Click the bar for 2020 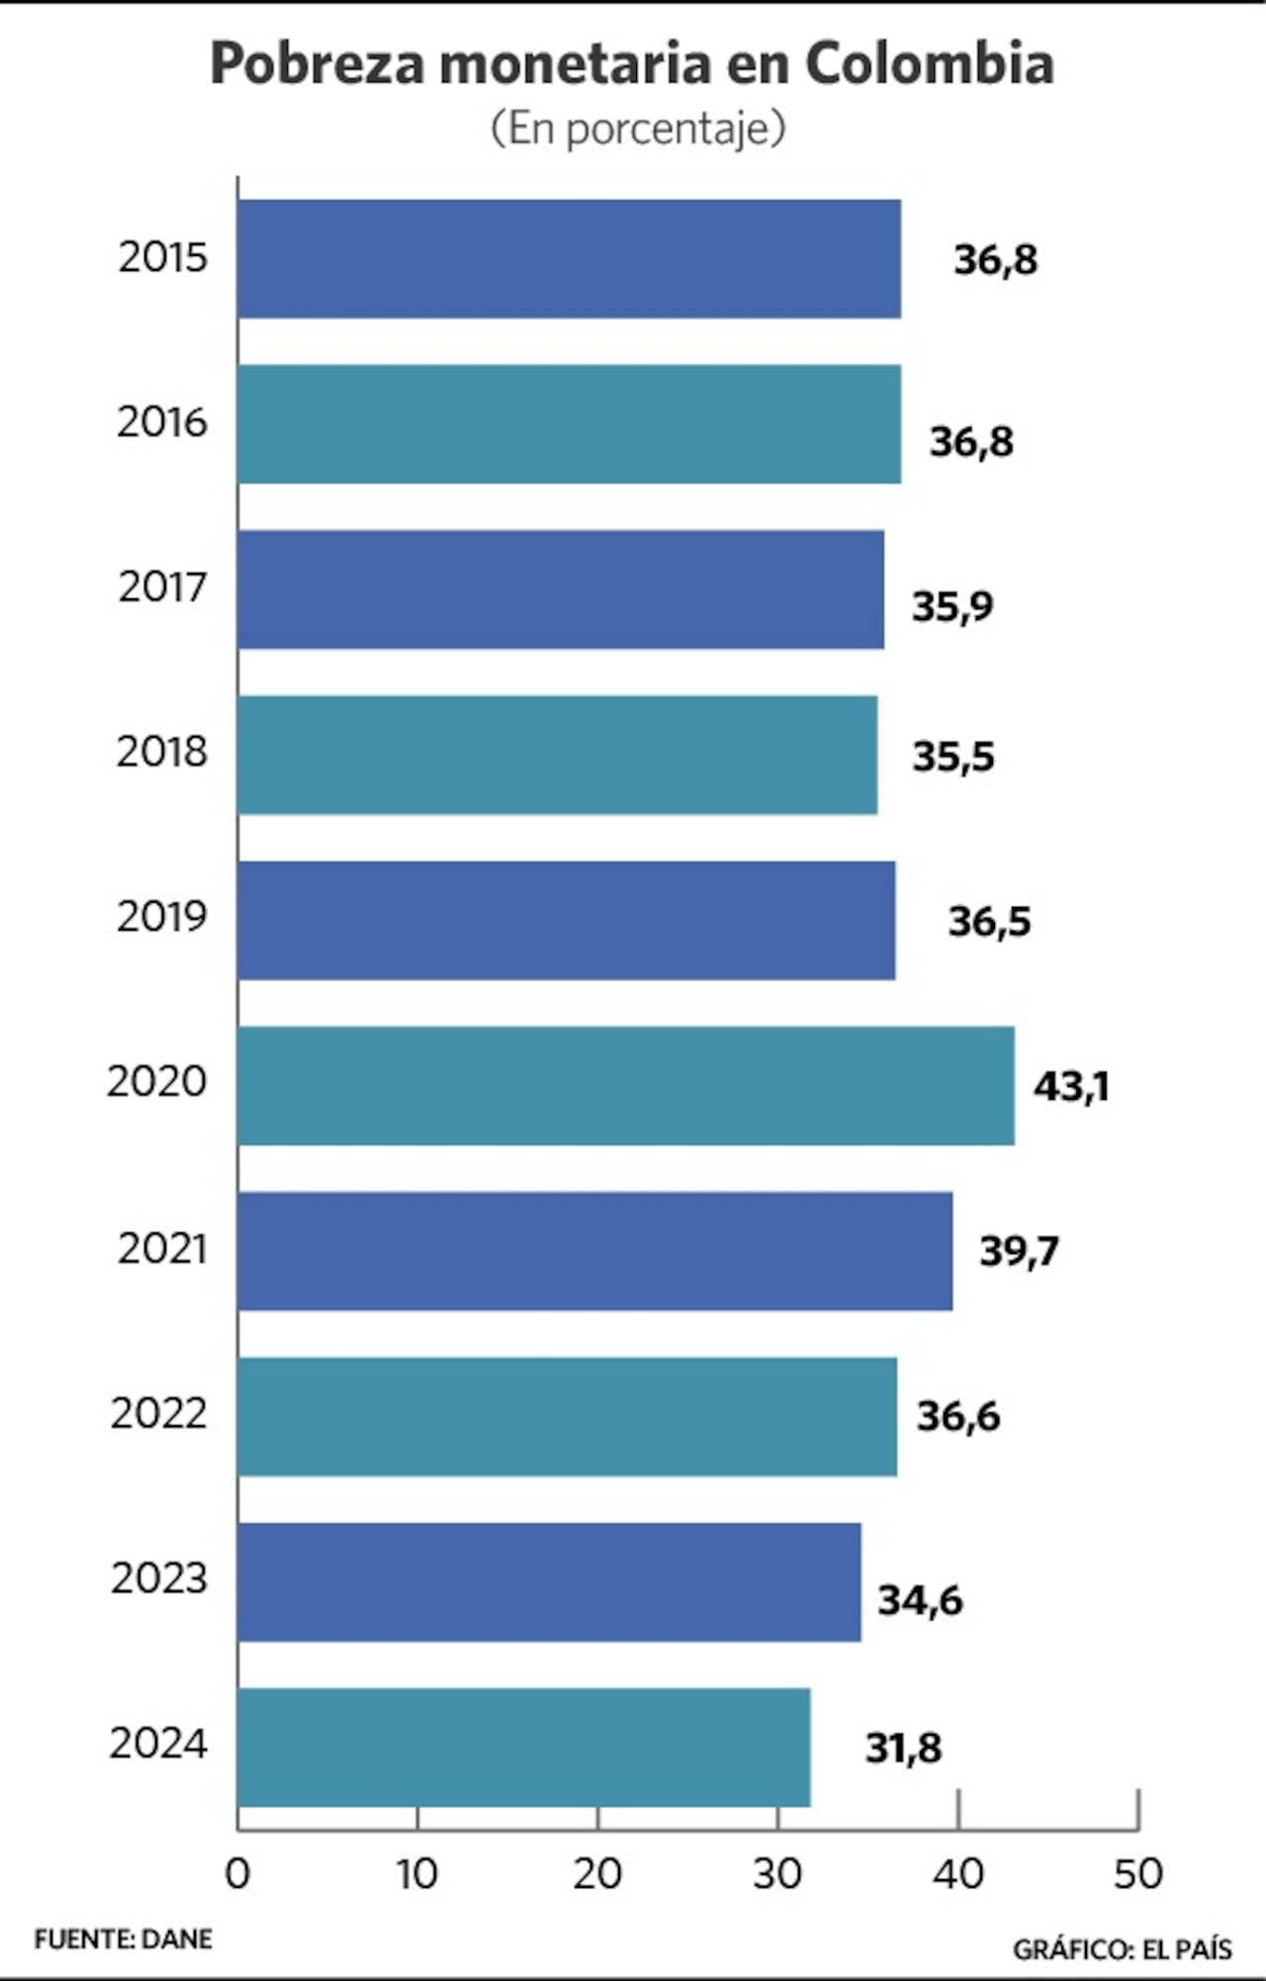coord(625,1086)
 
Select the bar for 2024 coord(523,1748)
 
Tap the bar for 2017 coord(560,589)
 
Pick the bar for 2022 coord(567,1416)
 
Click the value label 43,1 coord(1071,1087)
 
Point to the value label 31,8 coord(903,1749)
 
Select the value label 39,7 coord(1019,1251)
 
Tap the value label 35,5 coord(952,757)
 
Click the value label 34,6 coord(920,1600)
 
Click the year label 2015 coord(163,257)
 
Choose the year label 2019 coord(162,917)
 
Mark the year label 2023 coord(159,1577)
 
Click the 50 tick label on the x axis coord(1137,1874)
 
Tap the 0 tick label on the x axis coord(237,1874)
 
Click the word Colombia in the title coord(929,64)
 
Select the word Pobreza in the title coord(318,64)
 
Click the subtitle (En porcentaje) coord(638,129)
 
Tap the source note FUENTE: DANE coord(124,1939)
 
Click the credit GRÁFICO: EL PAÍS coord(1122,1949)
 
